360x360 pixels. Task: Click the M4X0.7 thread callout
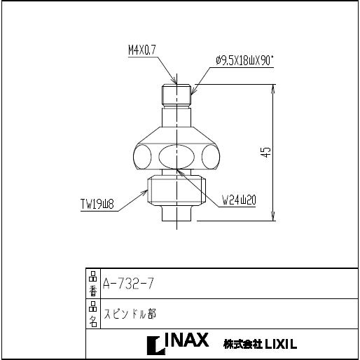pyautogui.click(x=142, y=50)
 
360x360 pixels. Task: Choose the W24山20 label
pyautogui.click(x=239, y=200)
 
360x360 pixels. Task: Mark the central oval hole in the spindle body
pyautogui.click(x=176, y=155)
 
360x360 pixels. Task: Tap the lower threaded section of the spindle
pyautogui.click(x=176, y=191)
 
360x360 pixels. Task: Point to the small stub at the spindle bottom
pyautogui.click(x=176, y=212)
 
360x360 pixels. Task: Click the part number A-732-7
pyautogui.click(x=128, y=284)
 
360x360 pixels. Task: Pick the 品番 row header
pyautogui.click(x=93, y=283)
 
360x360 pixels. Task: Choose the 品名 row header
pyautogui.click(x=93, y=314)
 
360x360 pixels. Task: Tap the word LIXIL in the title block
pyautogui.click(x=280, y=344)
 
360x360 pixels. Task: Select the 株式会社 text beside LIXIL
pyautogui.click(x=242, y=344)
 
